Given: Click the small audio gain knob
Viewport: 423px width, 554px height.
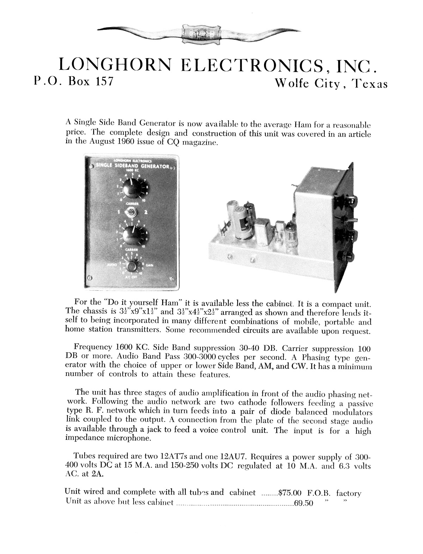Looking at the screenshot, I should [132, 266].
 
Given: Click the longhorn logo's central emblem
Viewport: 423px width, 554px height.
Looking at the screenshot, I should [201, 34].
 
